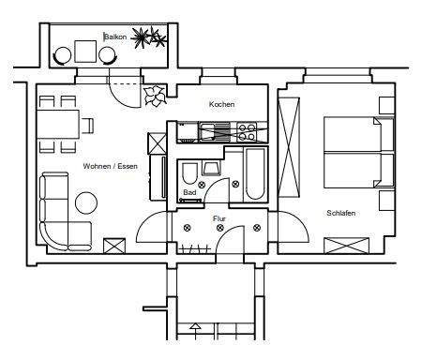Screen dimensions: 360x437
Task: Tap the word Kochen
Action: [x=222, y=104]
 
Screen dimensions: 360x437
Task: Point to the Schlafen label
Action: [x=342, y=213]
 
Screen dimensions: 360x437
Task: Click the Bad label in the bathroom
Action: [x=189, y=191]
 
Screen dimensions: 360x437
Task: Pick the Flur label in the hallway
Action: [x=219, y=218]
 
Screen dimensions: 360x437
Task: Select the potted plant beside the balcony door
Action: [x=154, y=94]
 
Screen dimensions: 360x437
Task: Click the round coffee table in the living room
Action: [x=87, y=202]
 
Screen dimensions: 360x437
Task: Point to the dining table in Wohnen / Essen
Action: [x=60, y=123]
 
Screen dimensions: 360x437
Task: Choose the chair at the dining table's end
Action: [x=88, y=123]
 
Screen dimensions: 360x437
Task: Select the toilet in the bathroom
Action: [x=188, y=172]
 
